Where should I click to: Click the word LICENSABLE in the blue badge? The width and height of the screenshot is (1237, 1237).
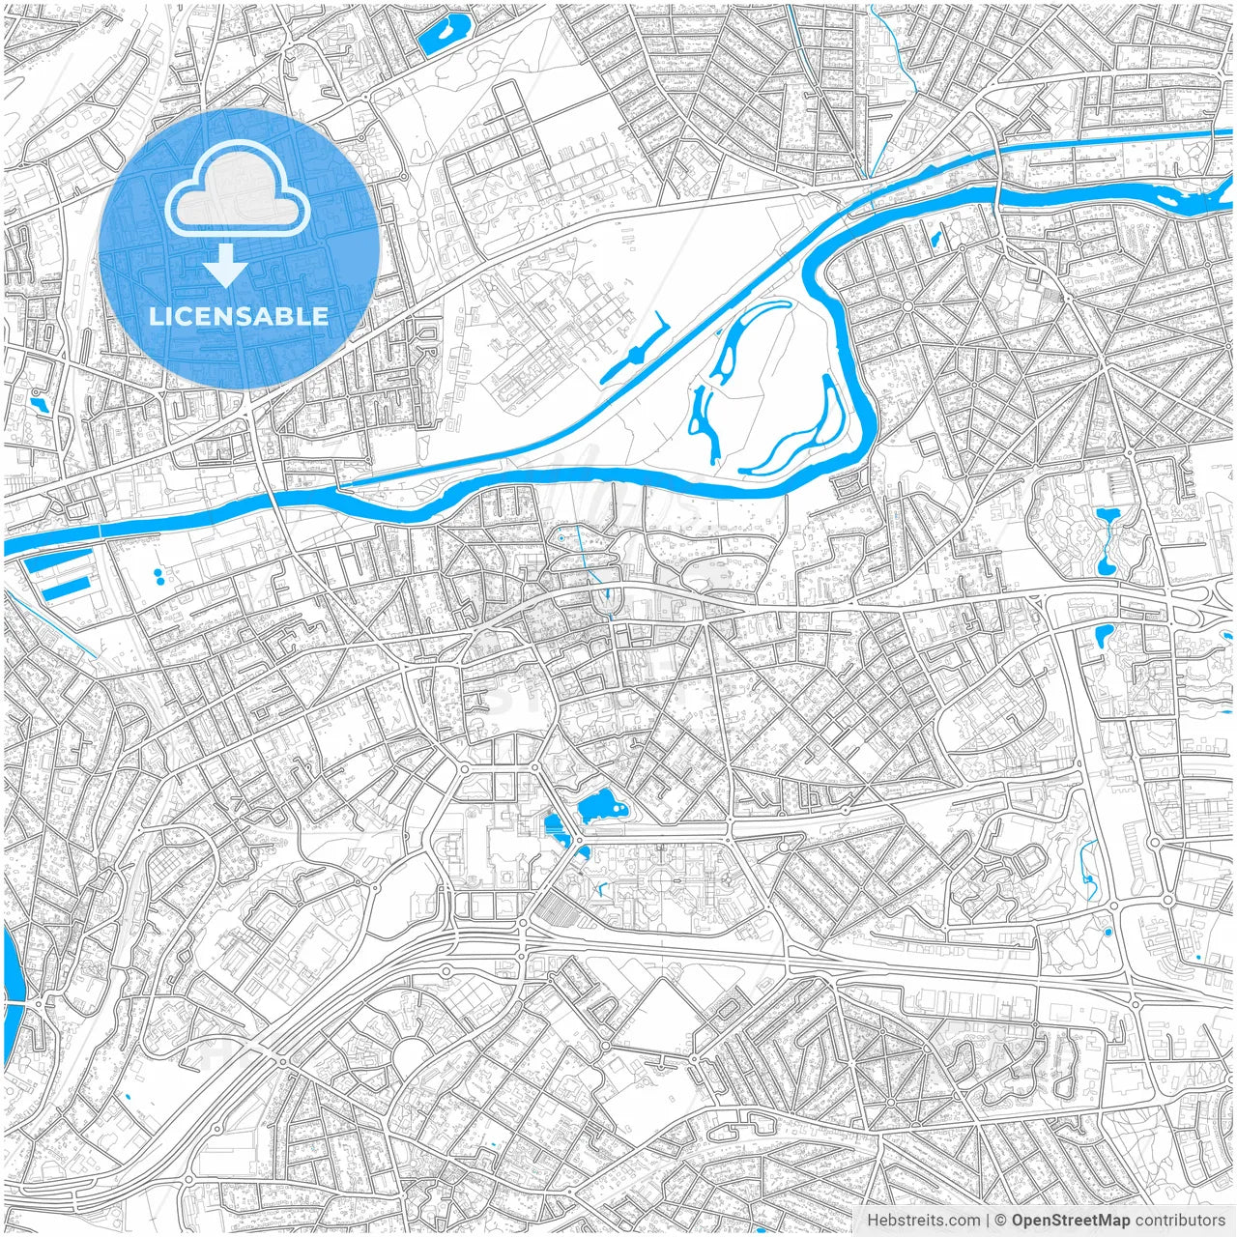(x=239, y=317)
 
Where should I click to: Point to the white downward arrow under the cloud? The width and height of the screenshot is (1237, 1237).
(x=225, y=266)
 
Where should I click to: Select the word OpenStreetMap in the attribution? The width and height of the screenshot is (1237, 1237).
(x=1070, y=1221)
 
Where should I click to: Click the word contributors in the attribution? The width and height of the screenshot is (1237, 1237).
(x=1179, y=1221)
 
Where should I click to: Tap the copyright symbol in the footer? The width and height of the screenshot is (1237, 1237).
(x=1000, y=1221)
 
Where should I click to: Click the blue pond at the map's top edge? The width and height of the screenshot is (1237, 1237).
(x=444, y=33)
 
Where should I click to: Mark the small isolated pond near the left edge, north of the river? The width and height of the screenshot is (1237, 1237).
(x=39, y=403)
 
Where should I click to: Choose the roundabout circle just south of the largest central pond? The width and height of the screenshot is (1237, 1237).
(x=581, y=850)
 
